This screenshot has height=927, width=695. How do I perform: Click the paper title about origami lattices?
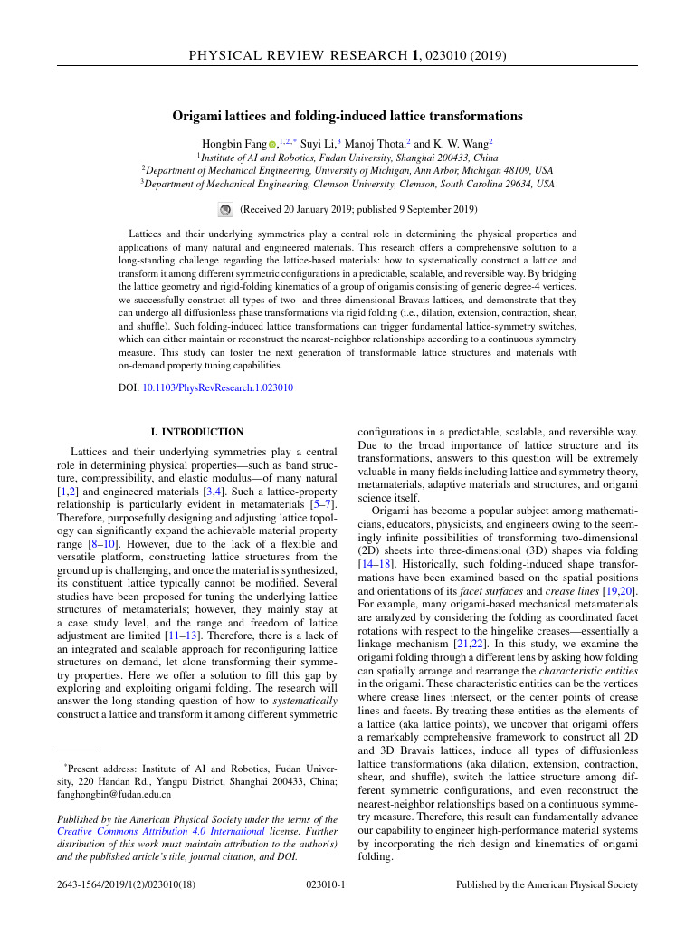tap(347, 116)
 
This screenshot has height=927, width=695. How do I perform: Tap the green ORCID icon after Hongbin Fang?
tap(271, 144)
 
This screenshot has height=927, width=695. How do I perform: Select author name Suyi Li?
tap(317, 143)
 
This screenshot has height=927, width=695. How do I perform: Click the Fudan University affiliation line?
tap(347, 157)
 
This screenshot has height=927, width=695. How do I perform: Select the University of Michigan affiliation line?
tap(347, 170)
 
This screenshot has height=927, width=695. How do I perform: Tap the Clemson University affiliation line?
tap(347, 184)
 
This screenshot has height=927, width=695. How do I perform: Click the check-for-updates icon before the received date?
tap(226, 210)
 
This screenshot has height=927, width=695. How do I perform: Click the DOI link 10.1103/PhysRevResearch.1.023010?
tap(217, 387)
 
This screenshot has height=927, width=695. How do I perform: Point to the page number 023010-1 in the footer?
tap(327, 884)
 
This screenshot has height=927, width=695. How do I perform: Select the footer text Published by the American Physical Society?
tap(547, 884)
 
